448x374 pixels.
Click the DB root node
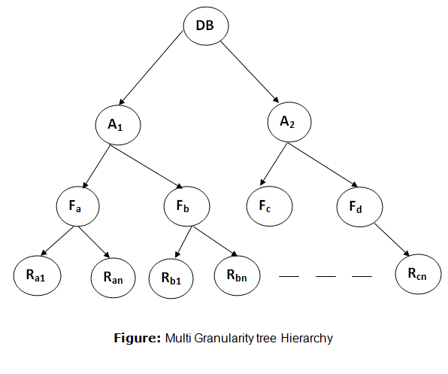pyautogui.click(x=206, y=26)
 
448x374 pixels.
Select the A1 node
pyautogui.click(x=118, y=125)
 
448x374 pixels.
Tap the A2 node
pyautogui.click(x=289, y=122)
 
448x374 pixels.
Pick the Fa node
pyautogui.click(x=77, y=206)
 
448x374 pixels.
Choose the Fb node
pyautogui.click(x=186, y=206)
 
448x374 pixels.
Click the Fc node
pyautogui.click(x=269, y=206)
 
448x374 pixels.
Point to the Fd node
pyautogui.click(x=359, y=207)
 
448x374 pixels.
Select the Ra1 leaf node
pyautogui.click(x=37, y=275)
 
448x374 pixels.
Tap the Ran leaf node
pyautogui.click(x=114, y=278)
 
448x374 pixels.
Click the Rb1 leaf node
pyautogui.click(x=171, y=278)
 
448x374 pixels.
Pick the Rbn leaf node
pyautogui.click(x=237, y=275)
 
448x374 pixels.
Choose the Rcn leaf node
pyautogui.click(x=418, y=274)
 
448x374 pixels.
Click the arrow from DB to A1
pyautogui.click(x=151, y=68)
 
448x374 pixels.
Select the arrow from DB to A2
pyautogui.click(x=250, y=72)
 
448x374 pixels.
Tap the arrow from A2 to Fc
pyautogui.click(x=274, y=164)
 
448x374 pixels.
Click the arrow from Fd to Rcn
pyautogui.click(x=392, y=239)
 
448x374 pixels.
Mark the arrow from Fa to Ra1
pyautogui.click(x=57, y=241)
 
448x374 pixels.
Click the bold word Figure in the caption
pyautogui.click(x=138, y=338)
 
